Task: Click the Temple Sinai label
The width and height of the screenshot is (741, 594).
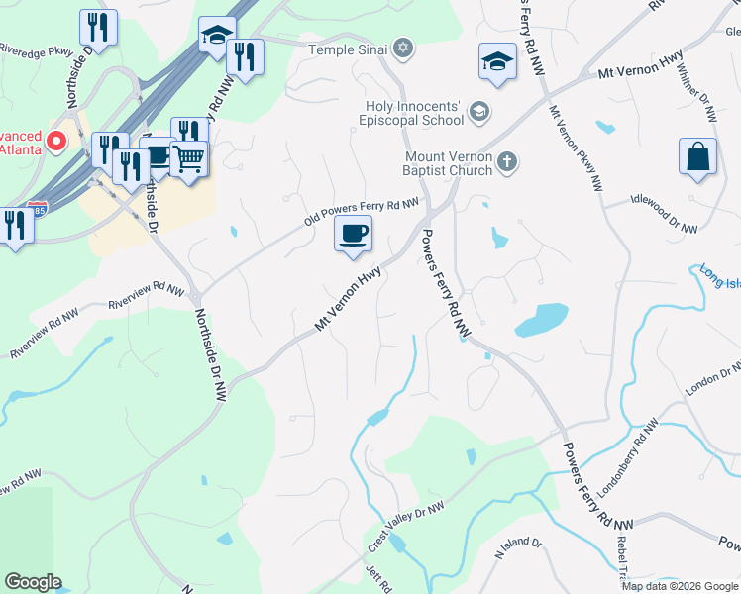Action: tap(347, 49)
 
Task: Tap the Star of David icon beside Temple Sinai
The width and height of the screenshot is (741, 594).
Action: tap(402, 48)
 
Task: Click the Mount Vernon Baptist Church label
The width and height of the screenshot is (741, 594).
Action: tap(449, 163)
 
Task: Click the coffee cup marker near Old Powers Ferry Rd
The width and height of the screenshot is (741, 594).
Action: tap(354, 235)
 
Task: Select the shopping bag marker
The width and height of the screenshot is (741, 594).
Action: tap(697, 157)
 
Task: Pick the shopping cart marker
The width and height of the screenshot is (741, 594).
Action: tap(188, 157)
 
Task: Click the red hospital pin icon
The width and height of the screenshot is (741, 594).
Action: tap(55, 141)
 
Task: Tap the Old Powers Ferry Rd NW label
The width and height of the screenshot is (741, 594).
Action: tap(362, 210)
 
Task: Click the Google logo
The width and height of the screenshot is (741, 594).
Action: tap(33, 582)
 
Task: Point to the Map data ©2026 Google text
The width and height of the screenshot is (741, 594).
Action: tap(679, 586)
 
